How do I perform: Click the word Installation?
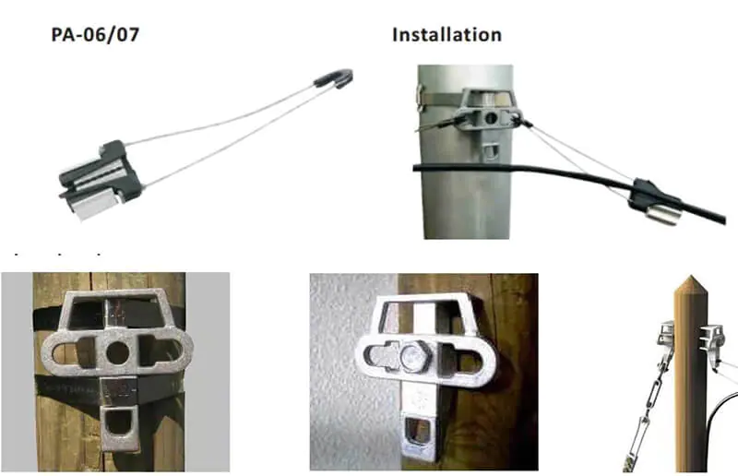pyautogui.click(x=446, y=35)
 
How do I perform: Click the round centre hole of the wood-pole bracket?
pyautogui.click(x=117, y=352)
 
